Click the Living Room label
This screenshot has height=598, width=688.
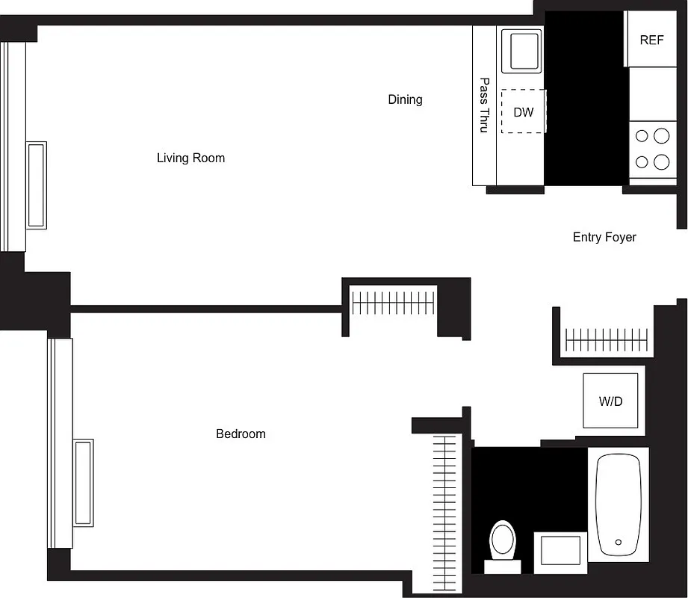coord(190,158)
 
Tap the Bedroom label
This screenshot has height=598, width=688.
coord(241,434)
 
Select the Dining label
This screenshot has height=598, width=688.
coord(405,99)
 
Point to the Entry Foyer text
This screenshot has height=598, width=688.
coord(604,237)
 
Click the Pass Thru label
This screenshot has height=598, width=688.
coord(484,105)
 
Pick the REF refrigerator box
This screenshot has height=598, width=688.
coord(651,40)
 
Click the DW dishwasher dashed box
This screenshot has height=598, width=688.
coord(524,112)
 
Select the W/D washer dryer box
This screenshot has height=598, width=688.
coord(610,401)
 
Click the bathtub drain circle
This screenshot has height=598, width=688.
coord(618,542)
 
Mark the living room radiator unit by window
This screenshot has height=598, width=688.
coord(37,185)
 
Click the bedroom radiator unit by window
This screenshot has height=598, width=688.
coord(83,482)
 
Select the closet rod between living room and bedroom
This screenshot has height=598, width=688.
coord(393,303)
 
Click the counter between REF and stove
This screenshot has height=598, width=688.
coord(651,93)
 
